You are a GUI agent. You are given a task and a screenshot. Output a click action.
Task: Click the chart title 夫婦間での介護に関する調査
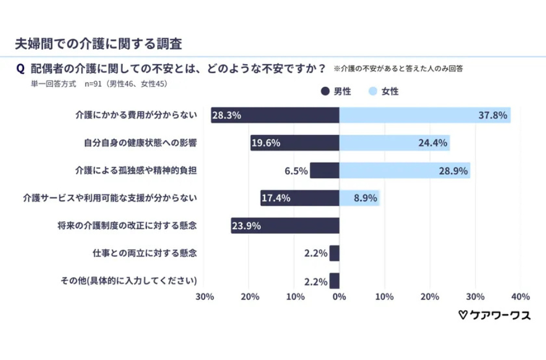[98, 43]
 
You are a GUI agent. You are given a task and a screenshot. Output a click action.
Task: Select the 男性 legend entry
[336, 91]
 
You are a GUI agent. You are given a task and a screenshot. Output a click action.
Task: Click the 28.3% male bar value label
[226, 115]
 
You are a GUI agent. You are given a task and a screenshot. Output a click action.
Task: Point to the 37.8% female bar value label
[493, 115]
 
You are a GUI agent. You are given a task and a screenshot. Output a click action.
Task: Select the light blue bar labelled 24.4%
[394, 143]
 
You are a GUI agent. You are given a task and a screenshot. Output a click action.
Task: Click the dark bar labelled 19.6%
[294, 143]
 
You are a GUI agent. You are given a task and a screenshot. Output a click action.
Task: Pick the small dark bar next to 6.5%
[325, 170]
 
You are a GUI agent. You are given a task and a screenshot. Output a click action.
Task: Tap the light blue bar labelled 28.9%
[405, 170]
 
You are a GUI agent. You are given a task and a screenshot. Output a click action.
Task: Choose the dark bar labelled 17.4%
[300, 198]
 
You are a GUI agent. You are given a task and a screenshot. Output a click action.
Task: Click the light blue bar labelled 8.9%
[359, 198]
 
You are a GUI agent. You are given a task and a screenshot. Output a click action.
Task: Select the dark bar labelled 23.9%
[285, 226]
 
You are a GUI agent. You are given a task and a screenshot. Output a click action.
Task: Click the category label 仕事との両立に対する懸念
[145, 253]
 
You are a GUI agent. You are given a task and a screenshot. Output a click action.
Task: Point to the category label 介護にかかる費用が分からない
[136, 115]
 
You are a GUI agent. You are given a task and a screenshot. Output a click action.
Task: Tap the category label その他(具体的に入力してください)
[129, 281]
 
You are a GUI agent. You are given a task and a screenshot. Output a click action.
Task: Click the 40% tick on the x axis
[520, 297]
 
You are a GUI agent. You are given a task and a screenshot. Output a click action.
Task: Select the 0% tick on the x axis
[339, 297]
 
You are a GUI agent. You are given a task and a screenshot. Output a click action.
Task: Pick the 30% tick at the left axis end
[204, 297]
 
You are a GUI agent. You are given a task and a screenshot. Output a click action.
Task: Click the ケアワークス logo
[495, 315]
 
